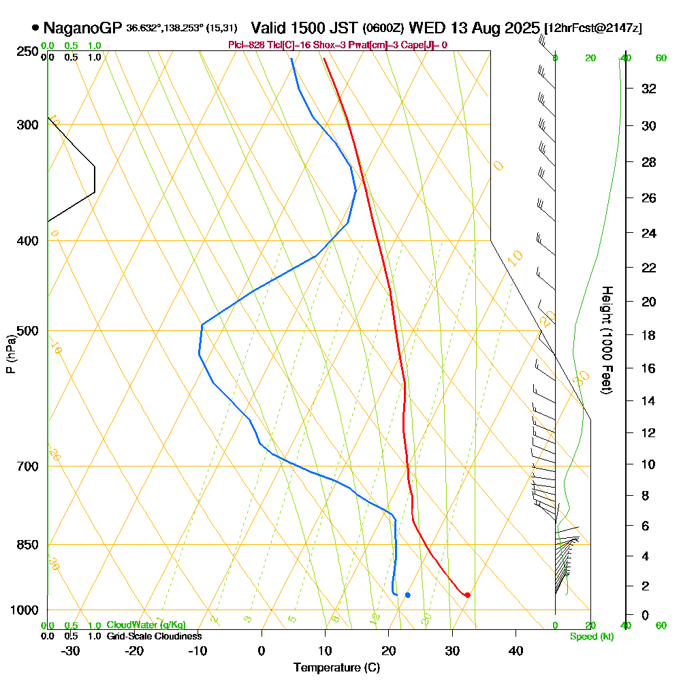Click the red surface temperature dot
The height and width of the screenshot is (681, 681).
pos(467,595)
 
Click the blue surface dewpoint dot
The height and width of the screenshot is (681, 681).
pos(407,595)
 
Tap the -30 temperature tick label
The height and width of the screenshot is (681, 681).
pos(71,650)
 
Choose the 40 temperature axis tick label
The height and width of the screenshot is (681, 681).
pos(516,650)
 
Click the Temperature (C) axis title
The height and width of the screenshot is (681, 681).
pos(336,667)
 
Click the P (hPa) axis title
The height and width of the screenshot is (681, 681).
pos(10,353)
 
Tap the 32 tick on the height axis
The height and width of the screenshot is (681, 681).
pos(648,89)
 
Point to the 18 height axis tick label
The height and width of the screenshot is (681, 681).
pos(648,335)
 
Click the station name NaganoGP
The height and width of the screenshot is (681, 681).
pos(82,28)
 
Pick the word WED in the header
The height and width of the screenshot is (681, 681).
pos(425,28)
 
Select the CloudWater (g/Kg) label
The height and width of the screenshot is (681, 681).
pos(146,625)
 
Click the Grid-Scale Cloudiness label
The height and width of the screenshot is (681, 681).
pos(153,636)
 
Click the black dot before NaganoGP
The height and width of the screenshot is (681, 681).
pos(35,28)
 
